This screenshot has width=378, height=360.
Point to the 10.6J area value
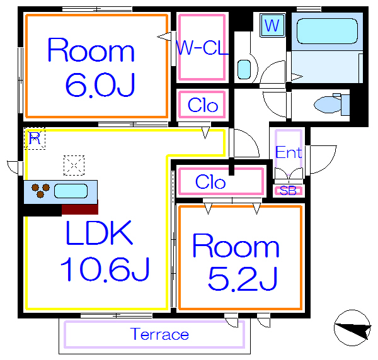click(105, 270)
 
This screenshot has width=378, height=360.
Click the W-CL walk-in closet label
click(201, 48)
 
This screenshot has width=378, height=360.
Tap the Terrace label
click(159, 334)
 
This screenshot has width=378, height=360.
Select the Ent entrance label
click(289, 152)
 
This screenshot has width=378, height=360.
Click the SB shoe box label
click(288, 191)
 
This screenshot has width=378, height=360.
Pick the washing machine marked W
click(272, 26)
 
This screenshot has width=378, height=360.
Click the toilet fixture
click(331, 104)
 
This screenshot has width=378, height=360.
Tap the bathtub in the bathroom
click(326, 31)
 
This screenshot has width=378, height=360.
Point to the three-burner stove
click(40, 191)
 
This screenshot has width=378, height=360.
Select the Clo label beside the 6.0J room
click(203, 105)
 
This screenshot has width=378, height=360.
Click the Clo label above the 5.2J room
click(210, 182)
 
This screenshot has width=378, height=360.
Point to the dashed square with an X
click(74, 166)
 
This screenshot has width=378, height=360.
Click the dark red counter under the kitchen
click(79, 210)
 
